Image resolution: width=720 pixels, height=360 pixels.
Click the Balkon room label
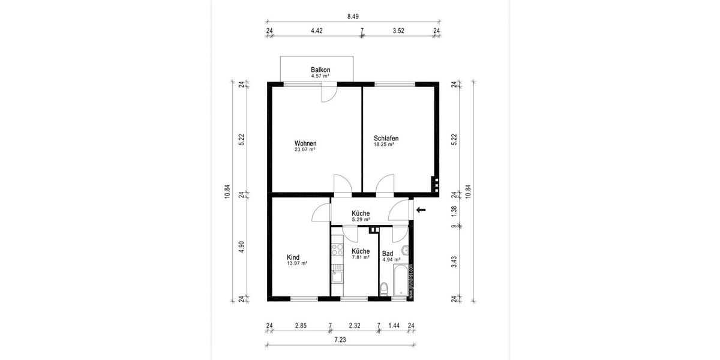320,70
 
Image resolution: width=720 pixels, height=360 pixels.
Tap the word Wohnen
305,143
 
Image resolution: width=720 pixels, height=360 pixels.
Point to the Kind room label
293,256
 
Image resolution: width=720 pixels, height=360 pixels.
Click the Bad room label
387,253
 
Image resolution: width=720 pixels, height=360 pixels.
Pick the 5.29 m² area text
360,220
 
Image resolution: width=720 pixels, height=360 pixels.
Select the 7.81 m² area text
360,257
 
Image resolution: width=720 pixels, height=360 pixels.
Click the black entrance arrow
421,210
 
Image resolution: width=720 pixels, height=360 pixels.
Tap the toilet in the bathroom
385,291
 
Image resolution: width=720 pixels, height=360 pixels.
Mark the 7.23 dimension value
340,339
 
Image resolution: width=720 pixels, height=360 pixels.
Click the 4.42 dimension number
317,31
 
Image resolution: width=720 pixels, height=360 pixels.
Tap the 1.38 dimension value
454,210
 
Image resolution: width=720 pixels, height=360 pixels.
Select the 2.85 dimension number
301,326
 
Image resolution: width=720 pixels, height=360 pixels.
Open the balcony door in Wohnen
329,92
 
